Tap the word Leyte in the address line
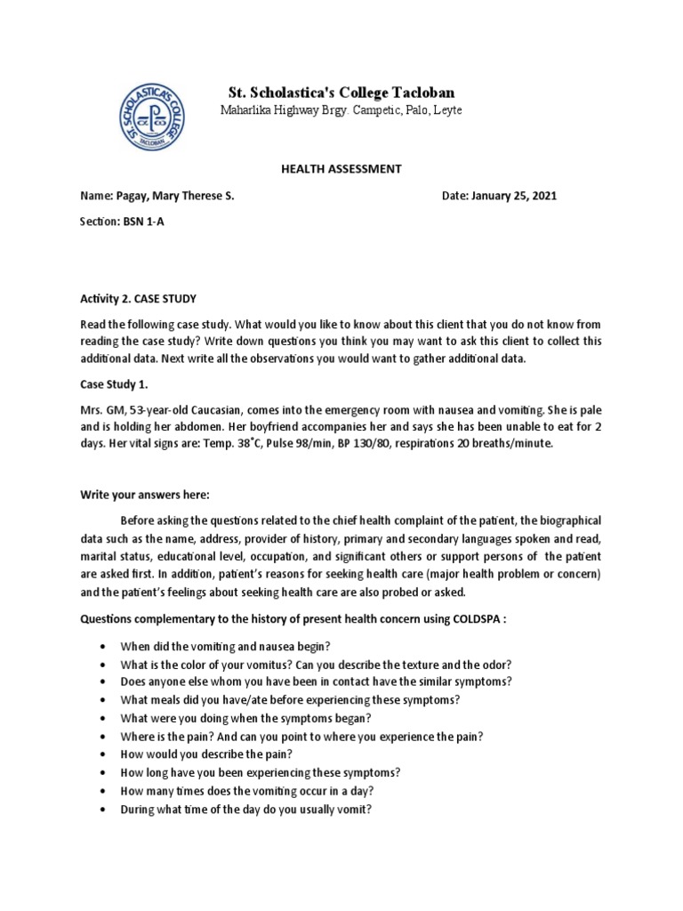point(446,109)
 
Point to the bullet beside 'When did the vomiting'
point(107,645)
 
